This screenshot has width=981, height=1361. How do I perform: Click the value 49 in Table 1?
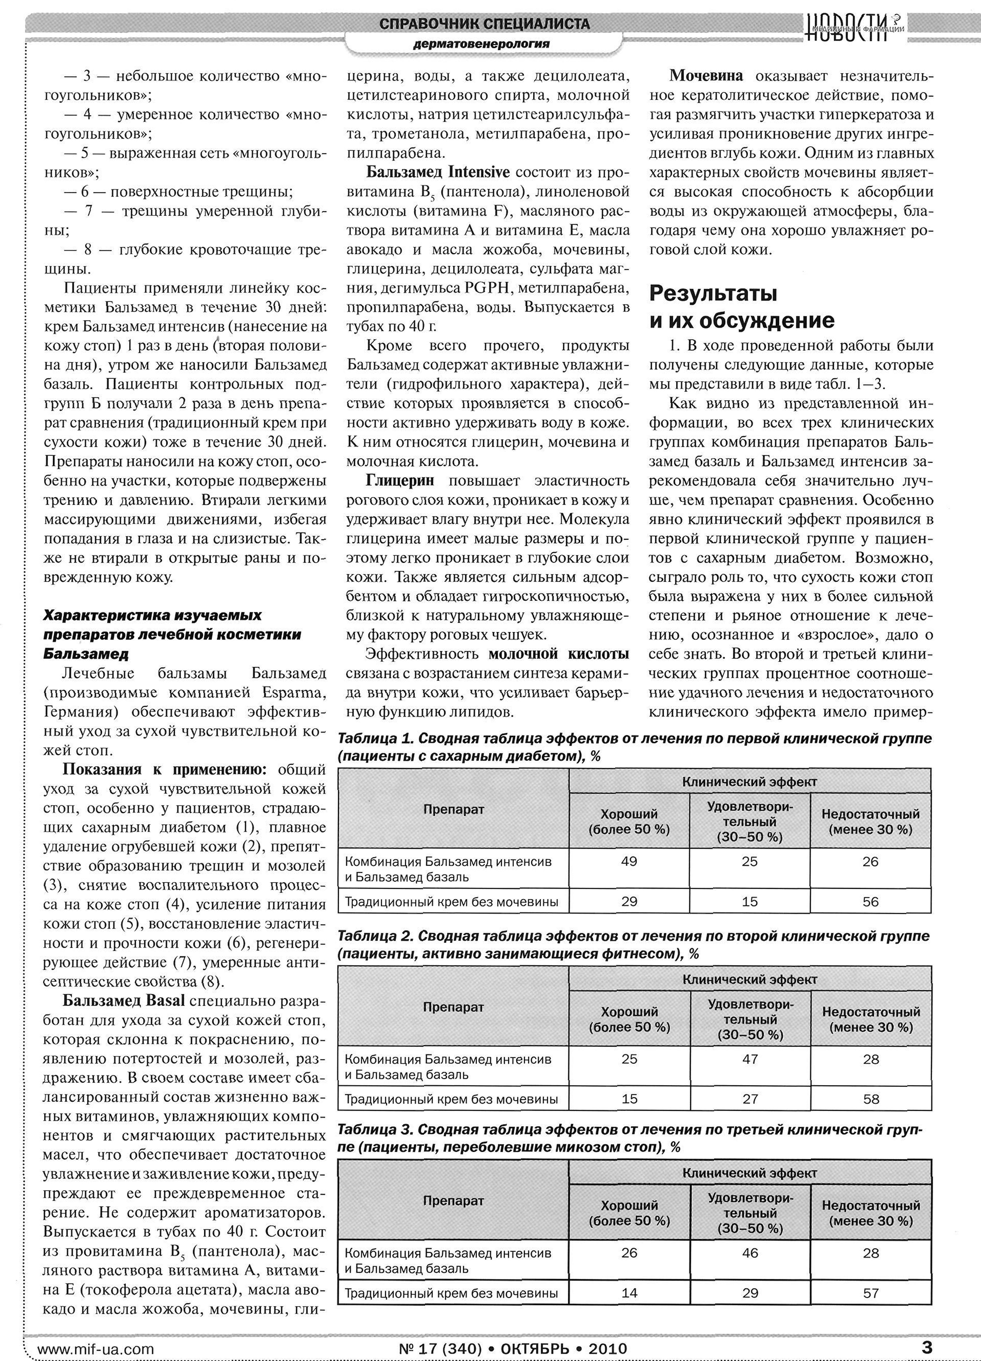pos(629,861)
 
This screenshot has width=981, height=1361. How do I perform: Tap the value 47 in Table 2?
pos(750,1059)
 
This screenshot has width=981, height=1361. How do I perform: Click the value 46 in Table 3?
pos(750,1253)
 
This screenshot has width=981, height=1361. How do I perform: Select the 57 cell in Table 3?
pos(871,1293)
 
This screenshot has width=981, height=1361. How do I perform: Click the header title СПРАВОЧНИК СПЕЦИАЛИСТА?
pos(485,24)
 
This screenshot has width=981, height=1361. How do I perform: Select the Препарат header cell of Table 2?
pos(453,1007)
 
